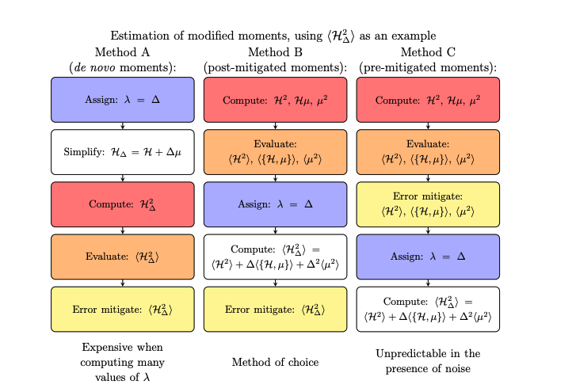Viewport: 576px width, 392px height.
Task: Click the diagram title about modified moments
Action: [x=273, y=36]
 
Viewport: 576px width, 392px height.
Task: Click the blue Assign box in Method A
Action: [x=122, y=100]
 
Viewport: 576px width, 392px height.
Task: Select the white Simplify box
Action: [x=122, y=152]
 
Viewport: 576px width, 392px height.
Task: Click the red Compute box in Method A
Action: [x=122, y=204]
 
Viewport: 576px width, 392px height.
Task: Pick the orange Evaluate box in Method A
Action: [x=122, y=257]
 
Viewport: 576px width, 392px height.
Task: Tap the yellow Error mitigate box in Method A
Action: [x=122, y=309]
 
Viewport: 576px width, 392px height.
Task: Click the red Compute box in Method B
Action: [x=275, y=100]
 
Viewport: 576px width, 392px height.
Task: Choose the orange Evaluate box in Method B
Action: [x=275, y=152]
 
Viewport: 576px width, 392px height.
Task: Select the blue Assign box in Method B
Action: [x=275, y=204]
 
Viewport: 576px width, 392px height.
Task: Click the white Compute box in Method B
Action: [x=275, y=257]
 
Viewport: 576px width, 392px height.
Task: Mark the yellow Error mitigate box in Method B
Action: [x=275, y=309]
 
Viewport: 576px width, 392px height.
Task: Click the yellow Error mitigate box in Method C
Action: [x=428, y=204]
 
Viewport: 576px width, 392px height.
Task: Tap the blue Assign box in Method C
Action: [x=428, y=257]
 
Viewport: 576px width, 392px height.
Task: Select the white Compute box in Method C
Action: [x=428, y=309]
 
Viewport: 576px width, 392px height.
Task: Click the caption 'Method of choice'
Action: [x=275, y=362]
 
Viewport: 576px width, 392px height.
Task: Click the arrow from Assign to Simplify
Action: [x=122, y=126]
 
